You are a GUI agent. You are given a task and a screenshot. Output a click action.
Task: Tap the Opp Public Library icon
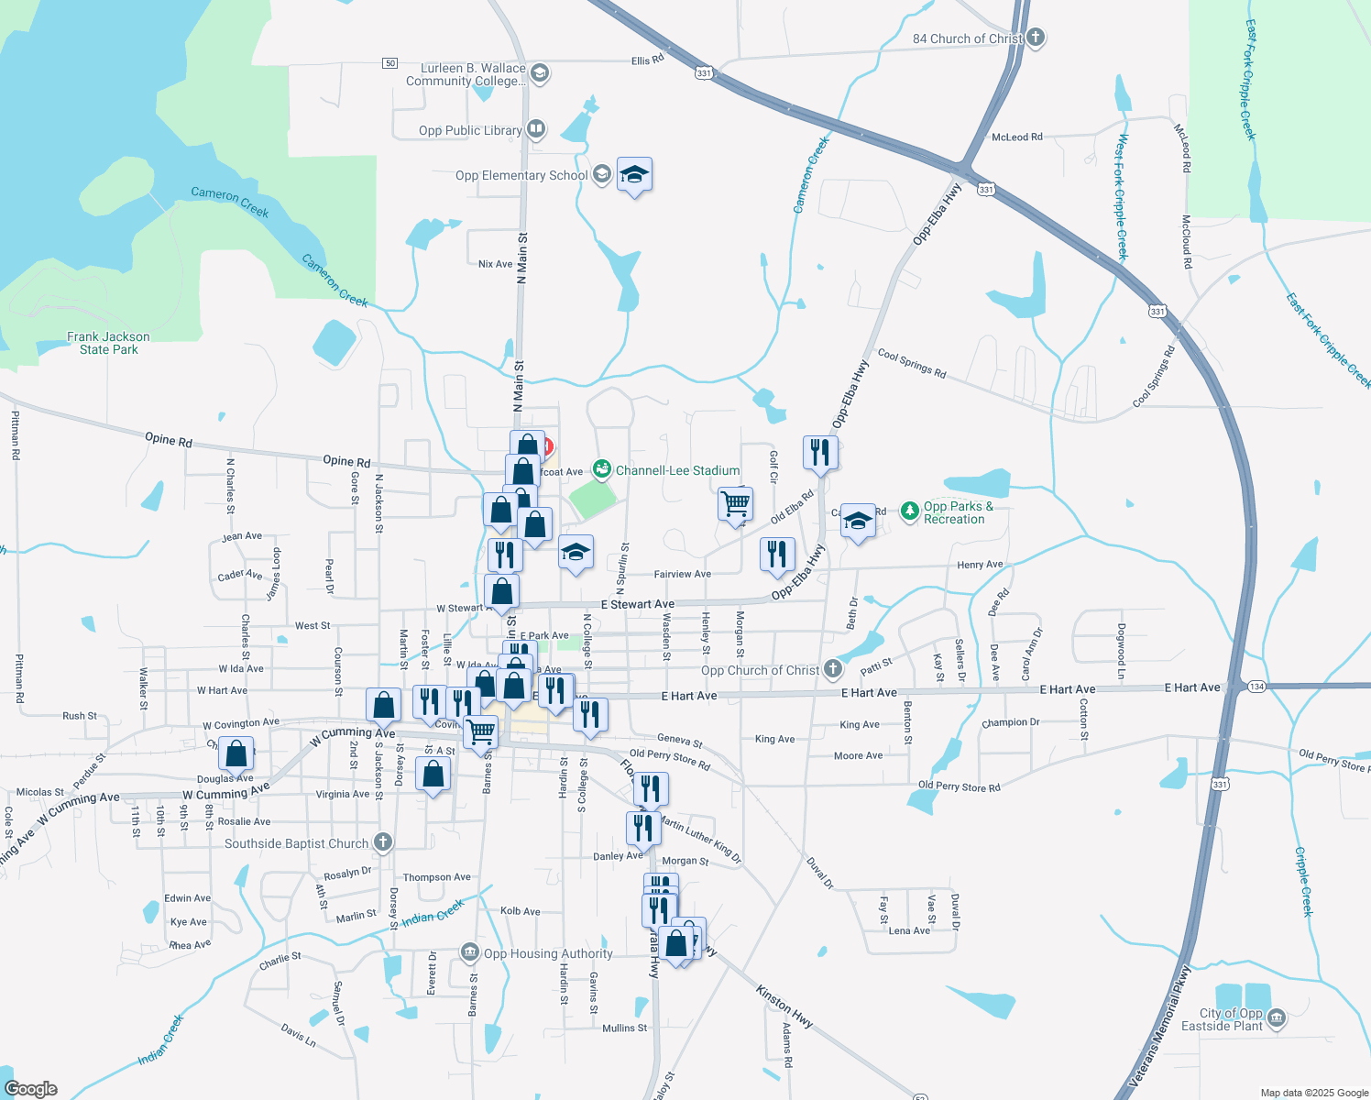point(536,130)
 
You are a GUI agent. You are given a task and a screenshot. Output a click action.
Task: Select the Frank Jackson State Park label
point(108,343)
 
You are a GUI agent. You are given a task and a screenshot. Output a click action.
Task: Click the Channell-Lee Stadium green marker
point(602,470)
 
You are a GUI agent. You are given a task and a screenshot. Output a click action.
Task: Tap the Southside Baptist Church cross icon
point(383,842)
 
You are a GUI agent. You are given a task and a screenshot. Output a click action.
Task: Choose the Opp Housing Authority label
point(548,953)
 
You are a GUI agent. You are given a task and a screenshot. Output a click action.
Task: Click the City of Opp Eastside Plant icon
point(1277,1018)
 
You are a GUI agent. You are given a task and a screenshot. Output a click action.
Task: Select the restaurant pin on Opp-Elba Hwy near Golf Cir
point(820,452)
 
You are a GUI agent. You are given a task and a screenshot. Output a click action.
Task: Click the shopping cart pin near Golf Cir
point(735,503)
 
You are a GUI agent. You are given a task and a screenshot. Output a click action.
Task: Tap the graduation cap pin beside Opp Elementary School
point(634,173)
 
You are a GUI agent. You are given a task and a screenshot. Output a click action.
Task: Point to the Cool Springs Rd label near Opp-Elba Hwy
point(912,363)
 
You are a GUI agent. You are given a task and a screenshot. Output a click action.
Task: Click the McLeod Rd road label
point(1017,137)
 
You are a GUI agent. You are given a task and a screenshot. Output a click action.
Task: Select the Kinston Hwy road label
point(784,1006)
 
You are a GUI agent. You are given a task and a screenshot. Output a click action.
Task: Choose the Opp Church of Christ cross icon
point(833,669)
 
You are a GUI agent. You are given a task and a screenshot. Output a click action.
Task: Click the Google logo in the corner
point(31,1088)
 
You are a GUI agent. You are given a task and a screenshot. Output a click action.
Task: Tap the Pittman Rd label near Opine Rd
point(16,435)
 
